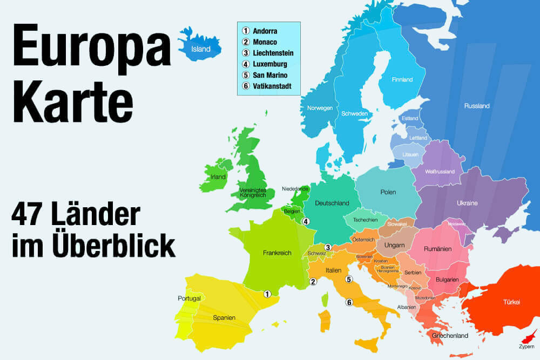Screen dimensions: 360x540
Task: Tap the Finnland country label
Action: point(402,80)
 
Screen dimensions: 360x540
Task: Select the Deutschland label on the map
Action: point(332,203)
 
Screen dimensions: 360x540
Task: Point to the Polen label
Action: point(388,192)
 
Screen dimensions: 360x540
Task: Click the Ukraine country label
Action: point(467,203)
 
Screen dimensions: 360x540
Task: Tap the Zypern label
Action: point(526,345)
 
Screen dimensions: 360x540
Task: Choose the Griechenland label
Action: point(450,336)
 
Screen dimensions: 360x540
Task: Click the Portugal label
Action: point(189,298)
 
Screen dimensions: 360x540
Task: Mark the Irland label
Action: point(218,176)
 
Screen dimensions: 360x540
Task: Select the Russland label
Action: point(477,106)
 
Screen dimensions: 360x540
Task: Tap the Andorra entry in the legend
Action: point(265,31)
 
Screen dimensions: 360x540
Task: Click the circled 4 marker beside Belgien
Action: point(306,221)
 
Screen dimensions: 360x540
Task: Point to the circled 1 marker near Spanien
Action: point(267,294)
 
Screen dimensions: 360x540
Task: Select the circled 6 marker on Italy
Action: point(349,302)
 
